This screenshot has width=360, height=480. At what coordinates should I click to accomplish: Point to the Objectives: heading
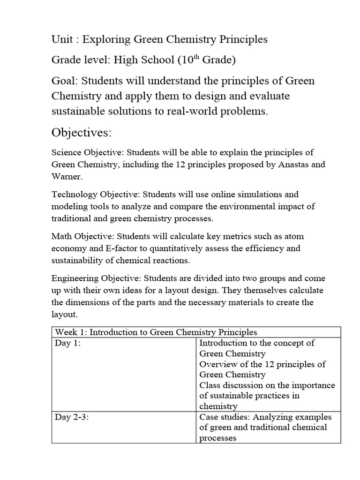point(82,133)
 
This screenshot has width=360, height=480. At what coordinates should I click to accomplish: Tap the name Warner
point(67,177)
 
